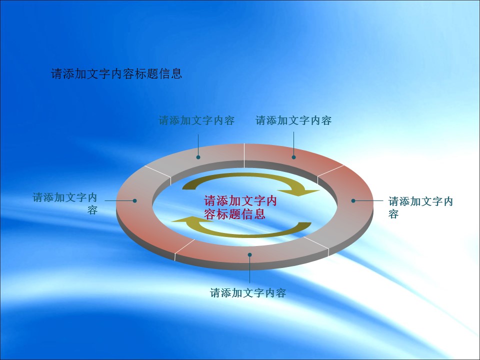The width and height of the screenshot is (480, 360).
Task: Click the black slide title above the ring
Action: pyautogui.click(x=116, y=74)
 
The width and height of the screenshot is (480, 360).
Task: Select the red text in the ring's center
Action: pyautogui.click(x=240, y=207)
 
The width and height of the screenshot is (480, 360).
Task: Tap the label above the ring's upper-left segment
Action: pyautogui.click(x=196, y=120)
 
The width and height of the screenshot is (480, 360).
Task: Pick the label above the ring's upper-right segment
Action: pyautogui.click(x=293, y=120)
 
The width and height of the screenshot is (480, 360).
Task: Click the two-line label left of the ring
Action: pyautogui.click(x=65, y=203)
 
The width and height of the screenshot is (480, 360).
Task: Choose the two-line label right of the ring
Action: pyautogui.click(x=420, y=207)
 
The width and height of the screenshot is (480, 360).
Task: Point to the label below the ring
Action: pyautogui.click(x=248, y=293)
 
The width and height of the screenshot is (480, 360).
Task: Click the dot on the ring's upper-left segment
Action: pyautogui.click(x=198, y=157)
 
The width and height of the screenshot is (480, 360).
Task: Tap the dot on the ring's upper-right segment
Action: pyautogui.click(x=293, y=157)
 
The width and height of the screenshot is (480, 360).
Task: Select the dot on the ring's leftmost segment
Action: pyautogui.click(x=134, y=201)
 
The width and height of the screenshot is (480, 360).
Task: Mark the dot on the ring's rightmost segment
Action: pyautogui.click(x=353, y=201)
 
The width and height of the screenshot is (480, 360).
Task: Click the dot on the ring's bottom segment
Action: pyautogui.click(x=250, y=254)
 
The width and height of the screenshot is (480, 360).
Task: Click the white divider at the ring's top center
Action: pyautogui.click(x=244, y=155)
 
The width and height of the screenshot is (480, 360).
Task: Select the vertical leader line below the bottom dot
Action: pyautogui.click(x=250, y=270)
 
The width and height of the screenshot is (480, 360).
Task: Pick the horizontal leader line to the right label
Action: pyautogui.click(x=369, y=201)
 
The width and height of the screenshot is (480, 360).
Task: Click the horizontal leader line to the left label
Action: pyautogui.click(x=119, y=201)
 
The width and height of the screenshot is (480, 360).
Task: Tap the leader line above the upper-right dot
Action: pyautogui.click(x=293, y=143)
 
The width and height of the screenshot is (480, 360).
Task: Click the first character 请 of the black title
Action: pyautogui.click(x=56, y=74)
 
